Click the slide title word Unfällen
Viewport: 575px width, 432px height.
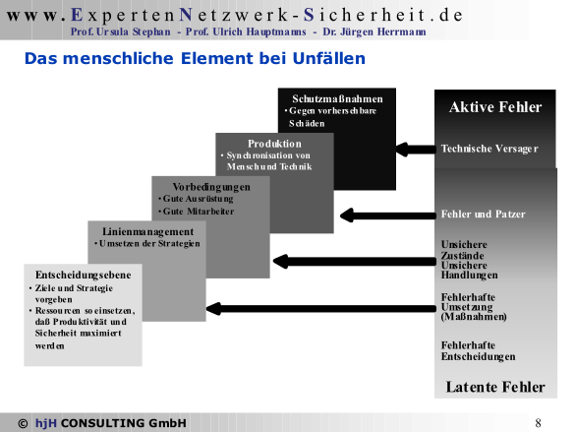coord(329,58)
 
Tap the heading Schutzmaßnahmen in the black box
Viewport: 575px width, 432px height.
coord(337,98)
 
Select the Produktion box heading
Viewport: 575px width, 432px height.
coord(274,144)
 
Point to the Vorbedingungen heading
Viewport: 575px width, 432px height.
coord(211,187)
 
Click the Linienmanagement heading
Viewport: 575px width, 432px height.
coord(147,231)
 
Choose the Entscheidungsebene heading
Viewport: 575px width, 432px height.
coord(84,275)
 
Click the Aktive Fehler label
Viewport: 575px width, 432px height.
coord(495,107)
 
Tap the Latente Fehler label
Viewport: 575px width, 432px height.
coord(495,387)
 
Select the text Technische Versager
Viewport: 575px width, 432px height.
coord(489,149)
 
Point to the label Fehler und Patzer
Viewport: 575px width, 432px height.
coord(483,214)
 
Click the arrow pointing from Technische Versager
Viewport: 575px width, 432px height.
coord(416,150)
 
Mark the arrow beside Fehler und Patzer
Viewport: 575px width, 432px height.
coord(387,216)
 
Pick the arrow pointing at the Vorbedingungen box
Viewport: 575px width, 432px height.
coord(354,262)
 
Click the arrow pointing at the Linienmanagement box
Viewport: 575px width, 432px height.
coord(320,308)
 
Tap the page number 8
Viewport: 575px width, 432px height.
coord(538,423)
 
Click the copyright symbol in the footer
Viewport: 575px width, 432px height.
coord(23,423)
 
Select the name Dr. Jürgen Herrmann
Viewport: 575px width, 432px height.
coord(374,31)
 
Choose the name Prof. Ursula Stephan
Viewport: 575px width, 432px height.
coord(121,31)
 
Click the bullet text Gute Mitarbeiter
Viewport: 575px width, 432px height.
coord(198,212)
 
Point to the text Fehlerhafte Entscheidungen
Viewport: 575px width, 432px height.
coord(479,351)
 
